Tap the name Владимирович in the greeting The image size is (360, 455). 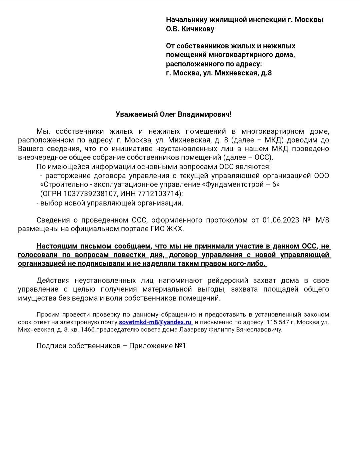tap(204, 114)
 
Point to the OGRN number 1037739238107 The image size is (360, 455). tap(90, 193)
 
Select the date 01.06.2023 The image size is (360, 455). tap(281, 220)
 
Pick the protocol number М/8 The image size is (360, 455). tap(322, 220)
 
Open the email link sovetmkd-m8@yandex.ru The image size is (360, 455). tap(155, 322)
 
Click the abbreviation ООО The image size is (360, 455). tap(321, 176)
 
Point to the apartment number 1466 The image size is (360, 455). tap(87, 330)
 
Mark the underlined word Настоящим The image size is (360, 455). tap(57, 246)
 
